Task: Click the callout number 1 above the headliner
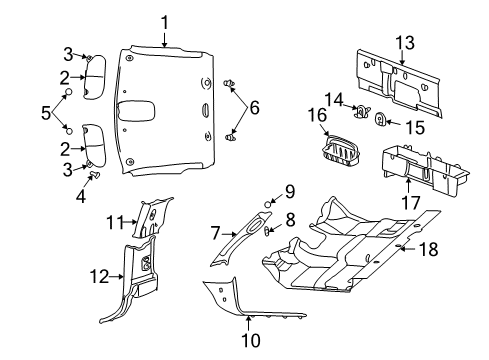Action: coord(166,21)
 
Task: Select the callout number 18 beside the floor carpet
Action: coord(427,249)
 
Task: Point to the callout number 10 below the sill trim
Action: coord(249,341)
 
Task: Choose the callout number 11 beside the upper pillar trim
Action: coord(114,222)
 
